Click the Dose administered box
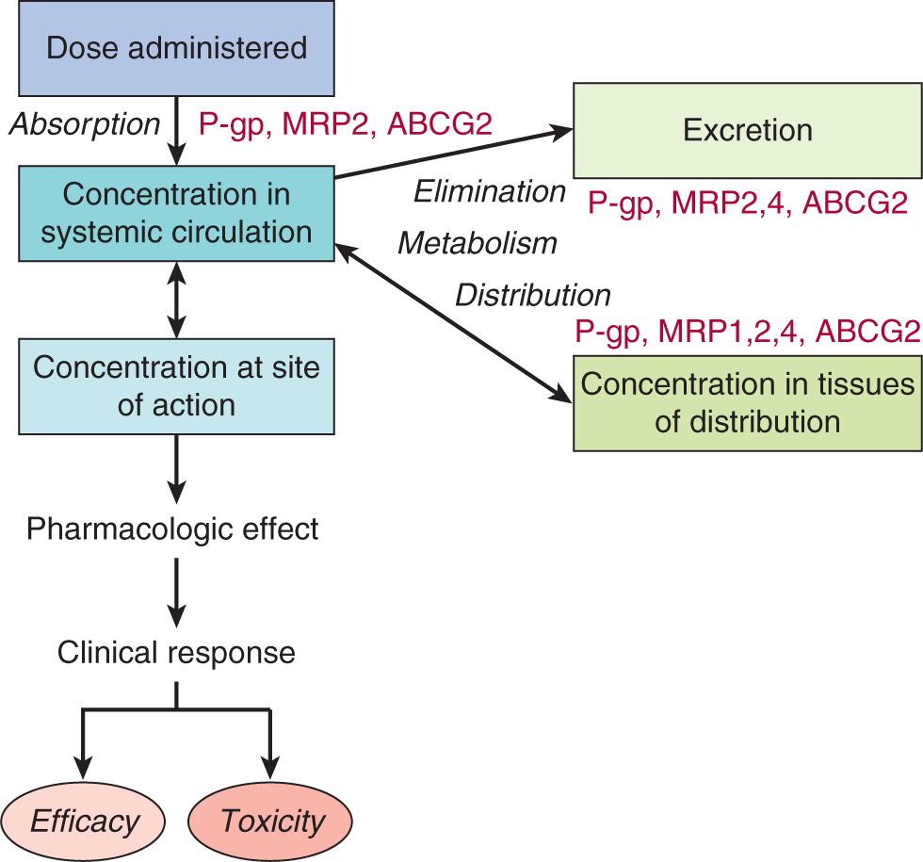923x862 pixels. [x=176, y=48]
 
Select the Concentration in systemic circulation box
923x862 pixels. [x=176, y=213]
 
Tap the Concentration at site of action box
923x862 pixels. [x=176, y=385]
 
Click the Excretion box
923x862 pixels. [x=748, y=130]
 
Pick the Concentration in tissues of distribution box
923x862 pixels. [x=748, y=402]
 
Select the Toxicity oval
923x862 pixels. [x=272, y=821]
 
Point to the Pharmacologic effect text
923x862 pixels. [x=172, y=529]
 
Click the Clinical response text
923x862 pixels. [x=176, y=652]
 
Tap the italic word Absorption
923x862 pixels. [x=85, y=123]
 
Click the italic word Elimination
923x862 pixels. [x=490, y=192]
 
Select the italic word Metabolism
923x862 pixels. [x=477, y=243]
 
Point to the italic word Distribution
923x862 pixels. [x=532, y=295]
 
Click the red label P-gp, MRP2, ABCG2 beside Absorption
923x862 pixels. [x=345, y=124]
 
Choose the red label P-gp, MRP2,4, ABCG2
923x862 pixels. [x=748, y=202]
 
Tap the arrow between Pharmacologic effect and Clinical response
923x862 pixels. [x=176, y=589]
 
